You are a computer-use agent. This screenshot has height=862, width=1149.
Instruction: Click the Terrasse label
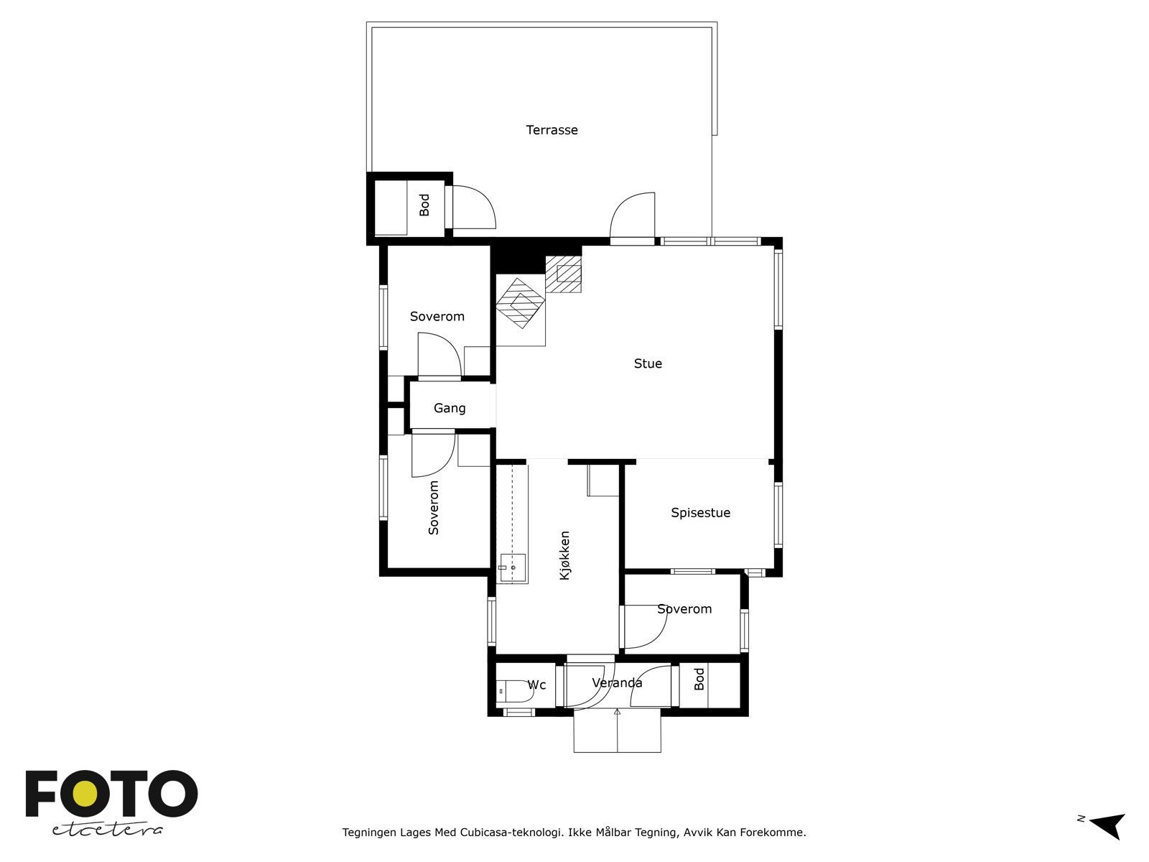coord(552,130)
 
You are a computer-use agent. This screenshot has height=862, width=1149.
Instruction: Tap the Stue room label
coord(648,363)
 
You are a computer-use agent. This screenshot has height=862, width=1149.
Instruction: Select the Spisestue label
coord(700,512)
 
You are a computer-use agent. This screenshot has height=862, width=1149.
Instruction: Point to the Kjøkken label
coord(564,555)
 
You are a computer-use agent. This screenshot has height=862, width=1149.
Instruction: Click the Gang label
coord(449,408)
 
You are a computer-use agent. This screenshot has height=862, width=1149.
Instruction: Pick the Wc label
coord(536,685)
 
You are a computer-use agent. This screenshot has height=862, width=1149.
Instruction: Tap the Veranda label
coord(617,682)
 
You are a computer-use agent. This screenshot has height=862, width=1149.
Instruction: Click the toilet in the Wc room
coord(514,691)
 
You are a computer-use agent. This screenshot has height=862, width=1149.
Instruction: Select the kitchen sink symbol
coord(513,567)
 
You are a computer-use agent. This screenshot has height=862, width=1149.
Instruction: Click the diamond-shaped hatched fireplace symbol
coord(521,303)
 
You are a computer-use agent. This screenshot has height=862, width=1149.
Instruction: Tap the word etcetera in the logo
coord(107,830)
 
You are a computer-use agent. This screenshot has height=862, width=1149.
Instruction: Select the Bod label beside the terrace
coord(424,205)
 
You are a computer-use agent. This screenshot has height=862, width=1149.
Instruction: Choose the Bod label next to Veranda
coord(699,679)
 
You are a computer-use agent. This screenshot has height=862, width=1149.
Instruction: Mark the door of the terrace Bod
coord(474,207)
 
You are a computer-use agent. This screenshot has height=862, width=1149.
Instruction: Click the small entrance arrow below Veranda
coord(617,711)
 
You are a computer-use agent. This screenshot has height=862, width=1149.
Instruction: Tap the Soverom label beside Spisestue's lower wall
coord(684,608)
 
